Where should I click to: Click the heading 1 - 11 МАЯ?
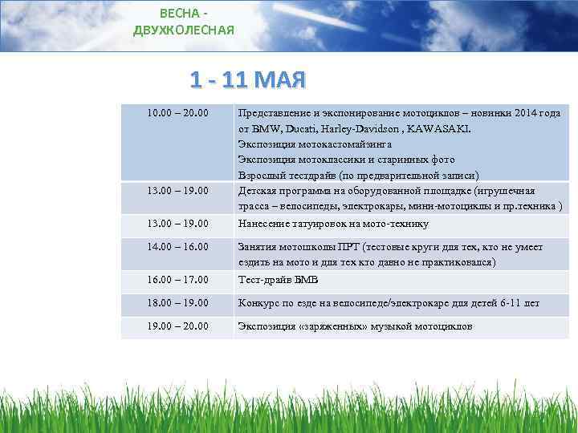pos(248,80)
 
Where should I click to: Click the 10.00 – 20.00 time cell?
pos(177,114)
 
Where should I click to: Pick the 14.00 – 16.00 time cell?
pos(177,248)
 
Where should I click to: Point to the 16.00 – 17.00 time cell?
pos(177,280)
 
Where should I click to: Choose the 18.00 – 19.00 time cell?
pos(177,303)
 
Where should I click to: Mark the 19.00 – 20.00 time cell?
pos(177,326)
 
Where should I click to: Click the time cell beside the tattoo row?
pos(177,224)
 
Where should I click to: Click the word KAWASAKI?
pos(440,128)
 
